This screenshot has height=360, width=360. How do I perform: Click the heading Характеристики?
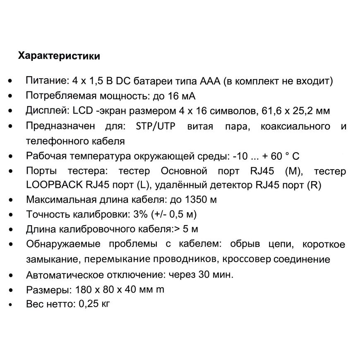pos(58,56)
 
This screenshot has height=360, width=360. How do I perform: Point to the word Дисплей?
pos(43,111)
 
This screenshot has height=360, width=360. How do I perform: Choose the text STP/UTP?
pos(155,126)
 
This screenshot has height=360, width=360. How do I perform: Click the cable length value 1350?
pos(195,199)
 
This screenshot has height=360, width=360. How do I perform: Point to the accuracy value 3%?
pos(137,214)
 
